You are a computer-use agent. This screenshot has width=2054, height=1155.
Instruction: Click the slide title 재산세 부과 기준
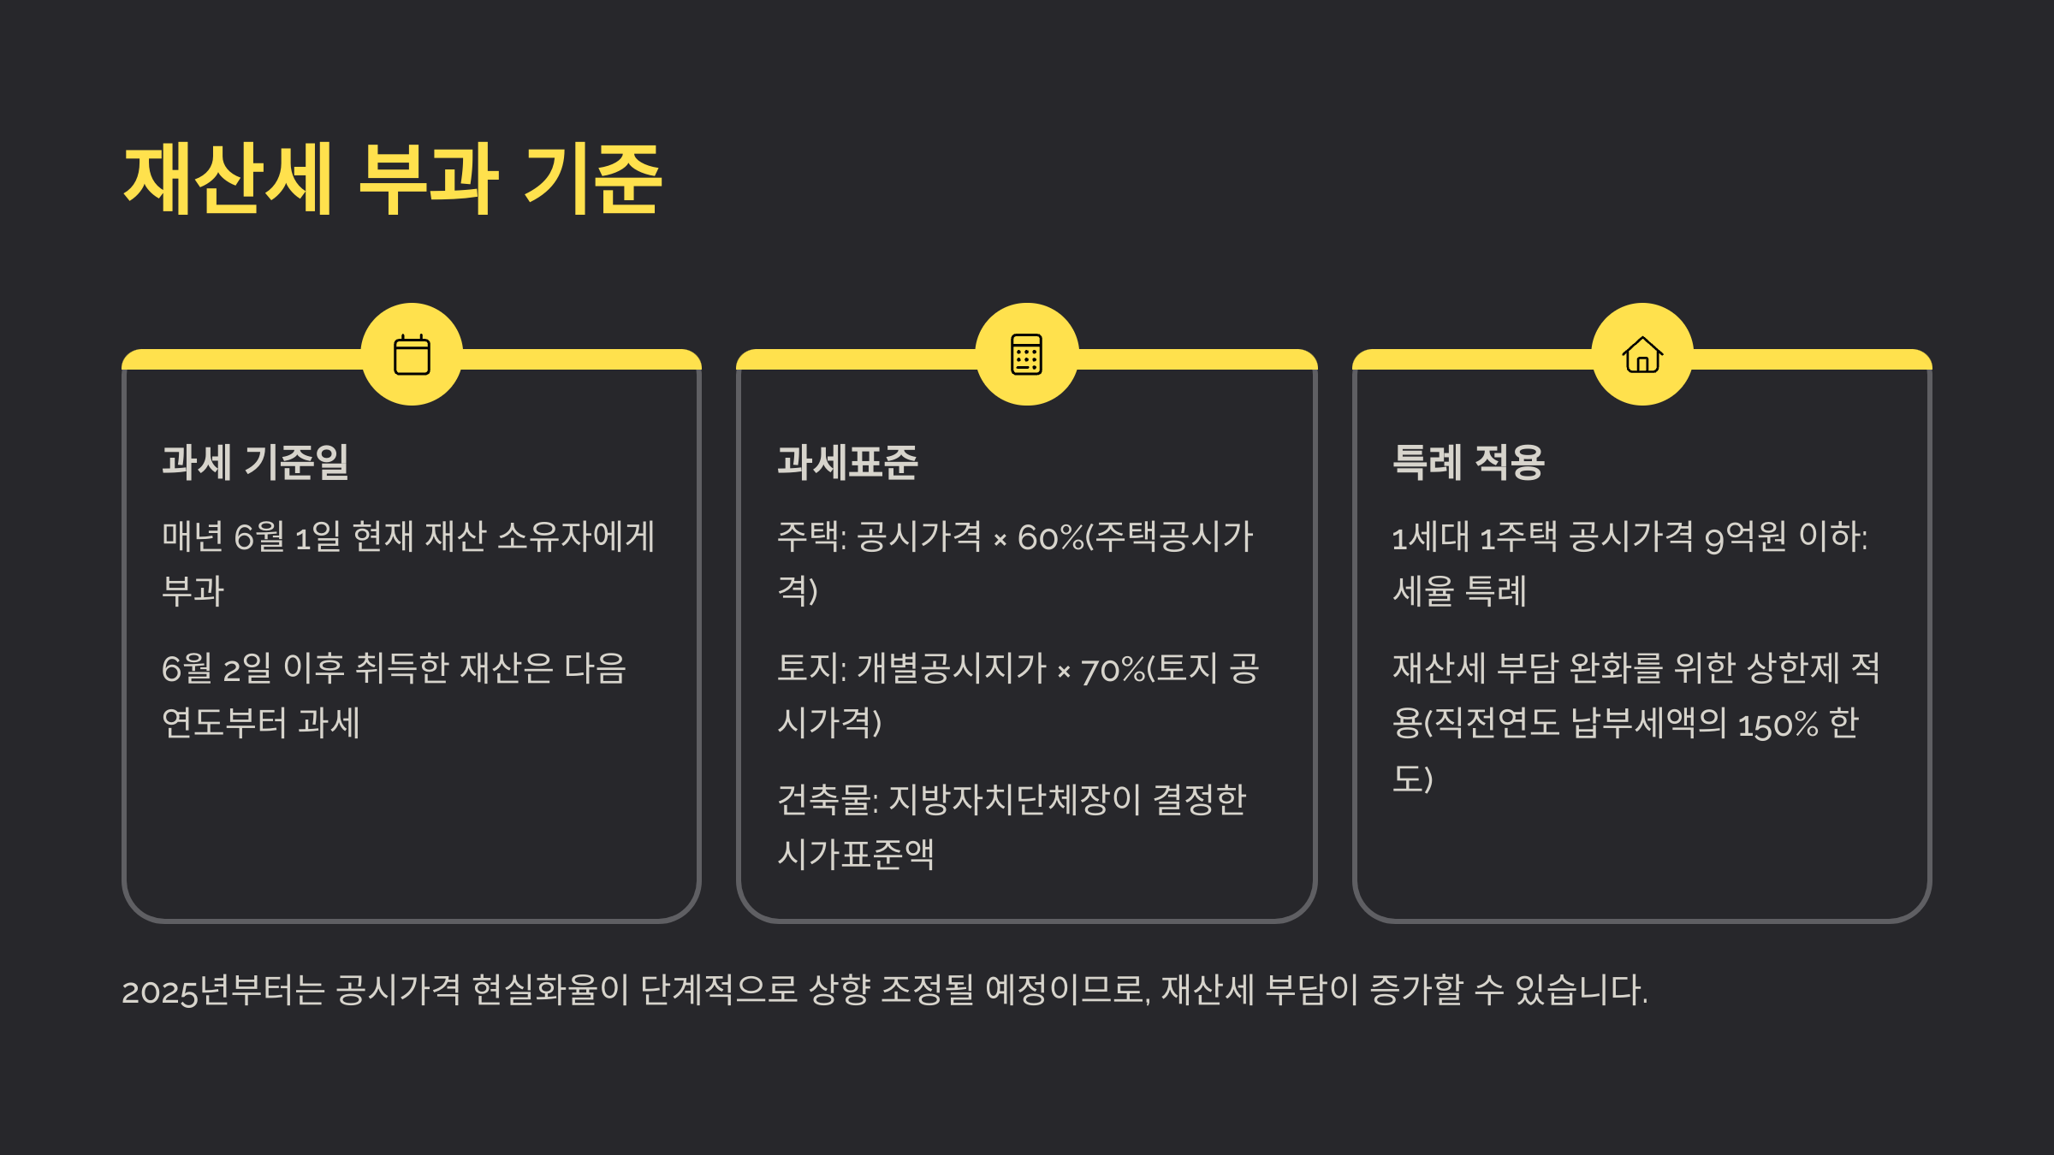click(x=393, y=180)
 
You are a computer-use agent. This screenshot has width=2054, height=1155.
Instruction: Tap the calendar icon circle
click(x=412, y=354)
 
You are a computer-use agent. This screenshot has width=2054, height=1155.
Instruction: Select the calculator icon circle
click(x=1026, y=354)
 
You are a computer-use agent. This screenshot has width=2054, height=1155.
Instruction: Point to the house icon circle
click(x=1642, y=354)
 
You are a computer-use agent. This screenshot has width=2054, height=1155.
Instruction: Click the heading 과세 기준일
click(x=255, y=462)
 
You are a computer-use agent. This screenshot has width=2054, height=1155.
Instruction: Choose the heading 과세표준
click(x=847, y=462)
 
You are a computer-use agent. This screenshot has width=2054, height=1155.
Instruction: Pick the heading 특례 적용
click(x=1469, y=462)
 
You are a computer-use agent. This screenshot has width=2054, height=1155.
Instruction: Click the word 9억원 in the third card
click(x=1746, y=538)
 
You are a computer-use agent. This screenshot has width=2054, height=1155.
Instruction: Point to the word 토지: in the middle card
click(x=811, y=669)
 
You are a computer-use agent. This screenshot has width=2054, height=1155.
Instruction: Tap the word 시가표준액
click(x=856, y=855)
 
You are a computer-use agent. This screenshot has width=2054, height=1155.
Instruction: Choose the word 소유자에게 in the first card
click(x=576, y=537)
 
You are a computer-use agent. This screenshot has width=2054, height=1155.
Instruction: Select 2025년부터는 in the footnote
click(x=223, y=991)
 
